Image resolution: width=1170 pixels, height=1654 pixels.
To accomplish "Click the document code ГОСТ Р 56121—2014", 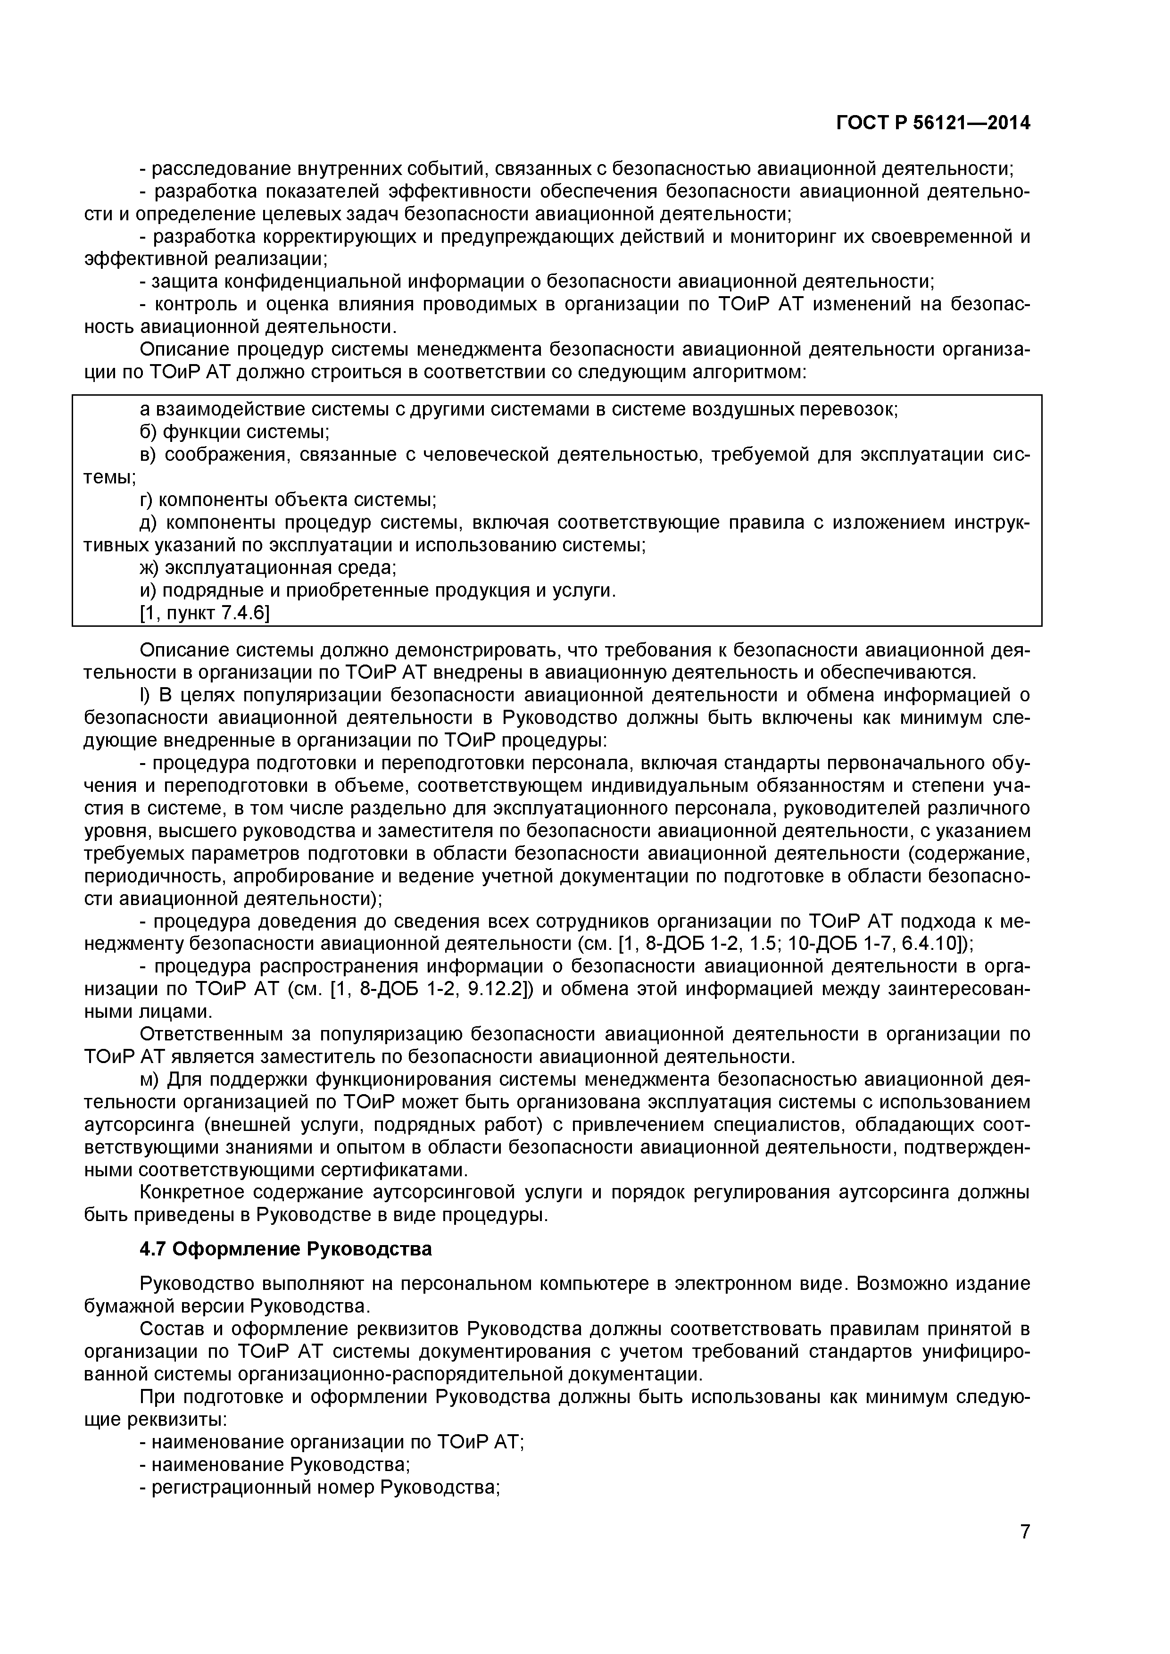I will [x=933, y=124].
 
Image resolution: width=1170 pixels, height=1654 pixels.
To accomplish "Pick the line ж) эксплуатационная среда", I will [x=268, y=568].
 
